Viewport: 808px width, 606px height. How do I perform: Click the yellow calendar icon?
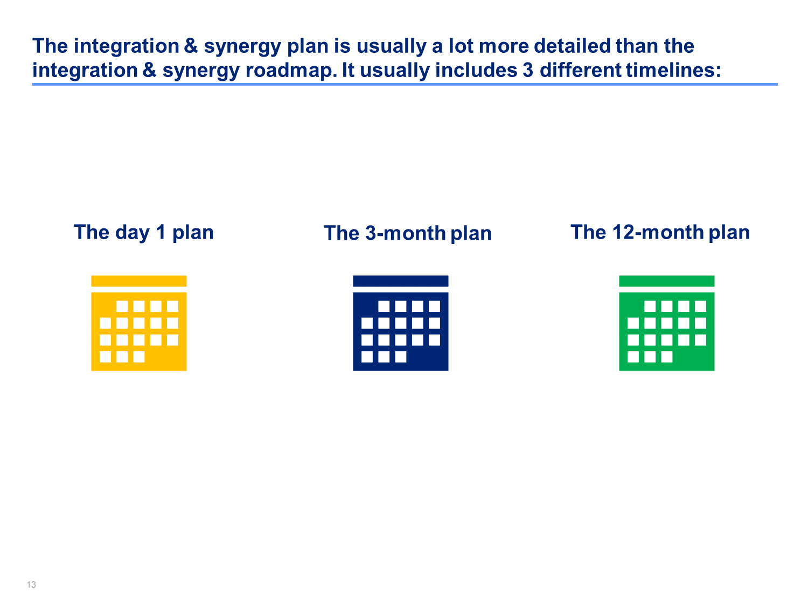139,323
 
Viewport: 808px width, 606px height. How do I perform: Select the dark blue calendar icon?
401,323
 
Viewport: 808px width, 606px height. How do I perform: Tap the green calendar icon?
667,323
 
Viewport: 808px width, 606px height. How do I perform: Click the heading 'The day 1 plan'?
144,233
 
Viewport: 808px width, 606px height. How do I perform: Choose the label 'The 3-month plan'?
407,233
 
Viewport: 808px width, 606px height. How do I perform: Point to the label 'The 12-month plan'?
660,232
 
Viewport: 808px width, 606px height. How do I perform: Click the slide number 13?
31,584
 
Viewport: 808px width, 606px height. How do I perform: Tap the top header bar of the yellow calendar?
139,281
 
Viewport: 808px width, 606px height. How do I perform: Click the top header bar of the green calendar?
667,281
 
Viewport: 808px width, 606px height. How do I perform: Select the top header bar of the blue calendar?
401,281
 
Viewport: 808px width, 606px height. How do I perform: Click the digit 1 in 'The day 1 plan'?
161,232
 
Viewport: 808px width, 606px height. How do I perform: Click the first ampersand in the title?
191,46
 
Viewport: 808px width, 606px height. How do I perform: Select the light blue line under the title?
405,84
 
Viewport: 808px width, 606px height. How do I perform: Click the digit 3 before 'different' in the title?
528,70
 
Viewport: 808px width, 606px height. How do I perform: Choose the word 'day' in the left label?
132,233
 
